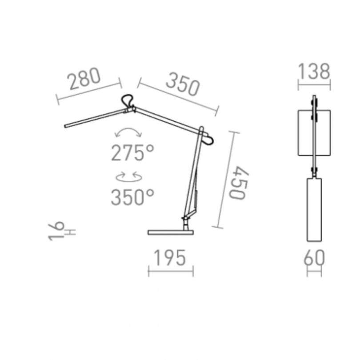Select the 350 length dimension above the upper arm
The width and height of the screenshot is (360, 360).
coord(183,84)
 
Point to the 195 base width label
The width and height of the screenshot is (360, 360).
coord(170,258)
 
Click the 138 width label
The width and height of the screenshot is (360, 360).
coord(314,72)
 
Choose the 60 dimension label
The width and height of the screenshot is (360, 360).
coord(314,258)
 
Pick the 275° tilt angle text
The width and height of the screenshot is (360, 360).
coord(132,152)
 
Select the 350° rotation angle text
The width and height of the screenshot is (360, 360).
coord(132,197)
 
